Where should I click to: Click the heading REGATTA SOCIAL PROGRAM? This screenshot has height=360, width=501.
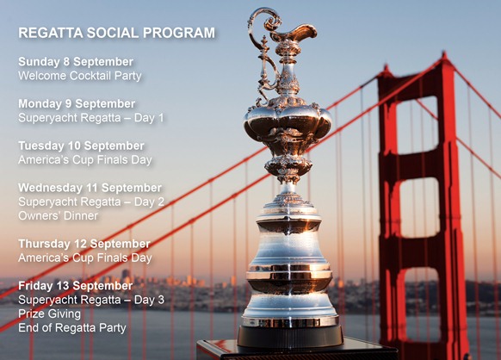coord(116,34)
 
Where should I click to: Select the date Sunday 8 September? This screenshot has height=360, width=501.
coord(76,62)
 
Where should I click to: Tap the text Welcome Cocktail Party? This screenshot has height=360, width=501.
coord(80,76)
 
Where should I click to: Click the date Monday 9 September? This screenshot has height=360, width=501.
coord(77,103)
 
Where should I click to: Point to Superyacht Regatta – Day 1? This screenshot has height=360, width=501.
coord(91,117)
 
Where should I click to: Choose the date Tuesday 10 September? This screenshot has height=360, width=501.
coord(81,146)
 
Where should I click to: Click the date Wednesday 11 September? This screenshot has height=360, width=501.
coord(90,188)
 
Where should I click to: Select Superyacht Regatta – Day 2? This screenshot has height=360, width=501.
coord(91,202)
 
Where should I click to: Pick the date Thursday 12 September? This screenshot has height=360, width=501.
coord(83,244)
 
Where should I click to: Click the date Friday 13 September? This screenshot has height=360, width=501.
coord(75,286)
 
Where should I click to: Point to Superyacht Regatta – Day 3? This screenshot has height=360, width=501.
coord(91,300)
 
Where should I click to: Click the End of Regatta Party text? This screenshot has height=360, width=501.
coord(72,327)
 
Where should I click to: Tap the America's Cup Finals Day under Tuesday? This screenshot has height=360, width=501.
coord(85,159)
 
